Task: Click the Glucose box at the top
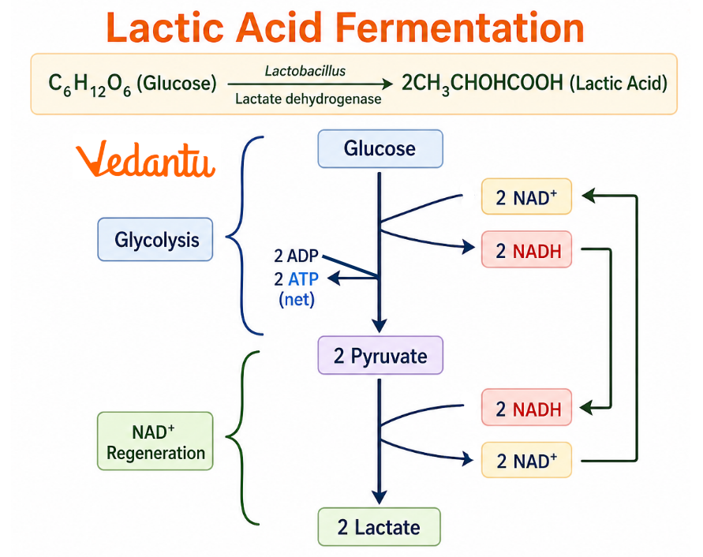click(380, 149)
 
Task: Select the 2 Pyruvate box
click(380, 356)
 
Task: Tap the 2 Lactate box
click(380, 527)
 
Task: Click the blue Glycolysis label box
click(155, 239)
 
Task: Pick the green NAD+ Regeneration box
click(155, 442)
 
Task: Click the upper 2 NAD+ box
click(526, 196)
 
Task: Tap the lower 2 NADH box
click(526, 409)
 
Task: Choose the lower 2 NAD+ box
click(526, 461)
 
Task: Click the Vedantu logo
click(145, 161)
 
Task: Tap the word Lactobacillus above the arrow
click(305, 72)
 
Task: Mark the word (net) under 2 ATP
click(296, 299)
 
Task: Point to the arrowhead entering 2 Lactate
click(380, 497)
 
